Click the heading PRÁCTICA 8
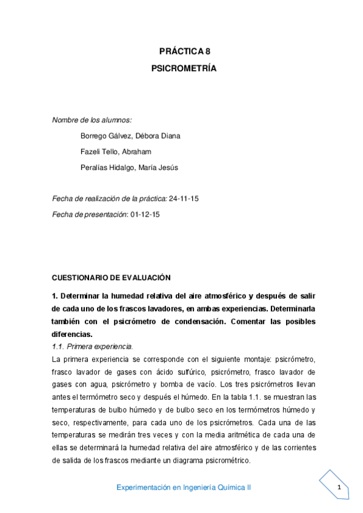(184, 53)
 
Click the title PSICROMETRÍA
(184, 68)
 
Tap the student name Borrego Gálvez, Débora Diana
(130, 136)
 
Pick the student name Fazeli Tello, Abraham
(115, 151)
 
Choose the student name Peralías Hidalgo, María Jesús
(129, 168)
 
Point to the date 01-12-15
(149, 214)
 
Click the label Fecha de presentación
(90, 214)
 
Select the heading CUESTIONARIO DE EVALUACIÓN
(112, 278)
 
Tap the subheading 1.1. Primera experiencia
(92, 346)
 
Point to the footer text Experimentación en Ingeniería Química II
(184, 487)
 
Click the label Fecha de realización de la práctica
(110, 198)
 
